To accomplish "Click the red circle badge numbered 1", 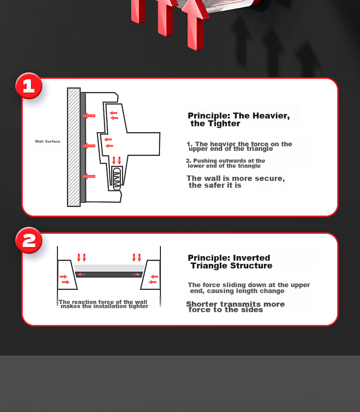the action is pos(29,86).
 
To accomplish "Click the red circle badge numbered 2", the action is pos(29,241).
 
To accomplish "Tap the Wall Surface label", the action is pos(47,141).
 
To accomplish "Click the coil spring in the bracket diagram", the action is pos(117,179).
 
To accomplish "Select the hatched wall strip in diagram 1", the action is pos(74,147).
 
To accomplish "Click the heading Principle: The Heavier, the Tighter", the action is pos(239,119).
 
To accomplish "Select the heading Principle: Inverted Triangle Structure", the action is pos(230,262).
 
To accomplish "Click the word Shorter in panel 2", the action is pos(202,304).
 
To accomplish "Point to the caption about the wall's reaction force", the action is pos(103,304).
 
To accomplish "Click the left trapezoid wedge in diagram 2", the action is pos(67,275).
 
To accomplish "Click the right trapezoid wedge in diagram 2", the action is pos(150,275).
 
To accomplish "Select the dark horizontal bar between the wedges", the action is pos(109,274).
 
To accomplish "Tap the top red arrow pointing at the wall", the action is pos(88,116).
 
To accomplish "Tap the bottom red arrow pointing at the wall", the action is pos(88,176).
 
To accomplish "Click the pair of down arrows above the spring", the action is pos(117,160).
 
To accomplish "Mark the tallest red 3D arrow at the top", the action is pos(195,24).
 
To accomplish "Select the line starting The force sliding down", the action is pos(249,288).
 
